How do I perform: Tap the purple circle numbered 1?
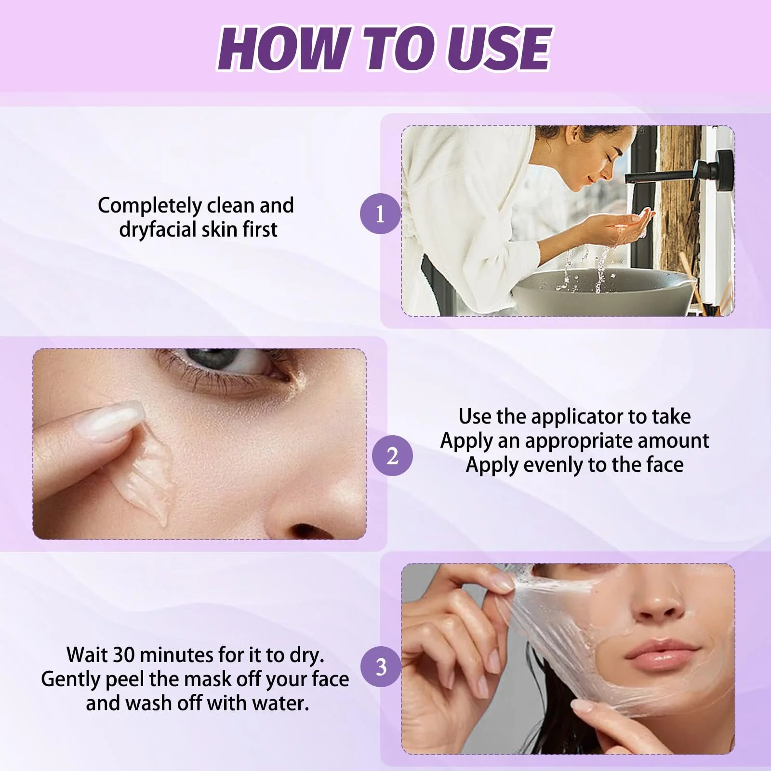pos(380,213)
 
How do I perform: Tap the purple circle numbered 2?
pos(392,455)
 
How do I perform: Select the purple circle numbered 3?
pos(381,667)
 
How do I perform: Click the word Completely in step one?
pos(149,206)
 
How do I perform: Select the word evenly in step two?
pos(554,465)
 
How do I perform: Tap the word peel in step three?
pos(126,679)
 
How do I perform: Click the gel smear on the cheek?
pos(149,477)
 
